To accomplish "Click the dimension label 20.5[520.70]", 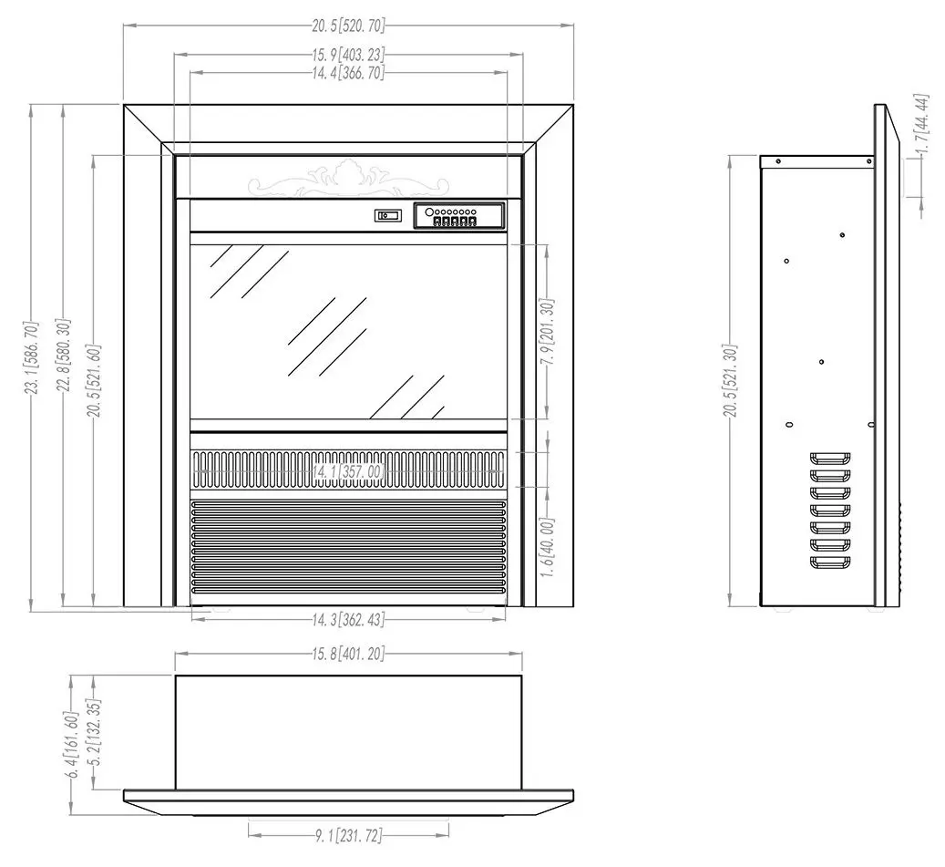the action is pos(348,26).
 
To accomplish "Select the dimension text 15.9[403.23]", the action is pos(348,55).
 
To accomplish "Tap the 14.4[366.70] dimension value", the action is pos(348,74).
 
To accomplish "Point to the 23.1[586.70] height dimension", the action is pos(32,358).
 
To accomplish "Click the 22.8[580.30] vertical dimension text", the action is pos(64,356).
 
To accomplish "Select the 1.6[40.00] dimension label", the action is pos(548,547).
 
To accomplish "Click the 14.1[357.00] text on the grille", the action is pos(348,471).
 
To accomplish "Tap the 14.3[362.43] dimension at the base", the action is pos(348,619).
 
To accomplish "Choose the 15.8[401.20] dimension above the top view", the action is pos(348,654).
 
